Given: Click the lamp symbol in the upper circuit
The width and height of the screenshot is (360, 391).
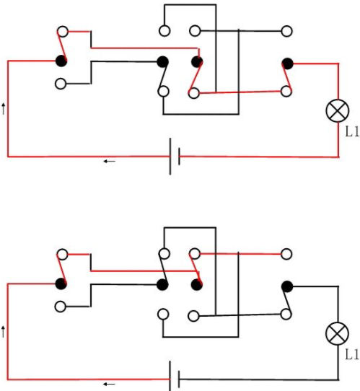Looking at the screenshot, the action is [338, 110].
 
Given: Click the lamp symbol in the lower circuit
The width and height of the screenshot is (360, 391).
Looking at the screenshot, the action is [337, 333].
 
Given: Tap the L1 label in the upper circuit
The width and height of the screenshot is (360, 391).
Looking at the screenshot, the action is [352, 131].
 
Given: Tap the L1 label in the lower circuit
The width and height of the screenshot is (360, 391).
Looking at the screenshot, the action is [352, 354].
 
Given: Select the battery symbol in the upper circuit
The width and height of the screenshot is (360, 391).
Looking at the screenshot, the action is [175, 157].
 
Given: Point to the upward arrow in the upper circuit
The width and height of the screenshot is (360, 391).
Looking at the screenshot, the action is [3, 109].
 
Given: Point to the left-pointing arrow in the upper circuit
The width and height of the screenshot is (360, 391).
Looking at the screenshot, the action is [110, 162].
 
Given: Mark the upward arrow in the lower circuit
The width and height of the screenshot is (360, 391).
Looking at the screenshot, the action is [3, 332].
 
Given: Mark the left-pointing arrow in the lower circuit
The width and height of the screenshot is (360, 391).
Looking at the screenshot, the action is [110, 384].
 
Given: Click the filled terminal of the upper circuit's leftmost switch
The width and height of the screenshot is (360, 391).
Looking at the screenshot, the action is [61, 61].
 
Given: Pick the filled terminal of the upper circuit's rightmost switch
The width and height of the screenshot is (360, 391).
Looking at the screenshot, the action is [287, 63].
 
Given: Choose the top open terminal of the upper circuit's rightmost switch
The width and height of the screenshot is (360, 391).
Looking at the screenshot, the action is [286, 31].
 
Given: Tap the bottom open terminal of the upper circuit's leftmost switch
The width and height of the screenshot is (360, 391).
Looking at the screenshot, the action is [61, 84].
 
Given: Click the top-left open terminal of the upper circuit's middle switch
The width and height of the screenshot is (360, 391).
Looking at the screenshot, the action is [164, 31].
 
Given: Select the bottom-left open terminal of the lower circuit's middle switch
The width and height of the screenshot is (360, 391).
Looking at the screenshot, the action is [163, 315].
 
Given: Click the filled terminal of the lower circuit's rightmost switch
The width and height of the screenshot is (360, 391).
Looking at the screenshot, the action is [287, 286].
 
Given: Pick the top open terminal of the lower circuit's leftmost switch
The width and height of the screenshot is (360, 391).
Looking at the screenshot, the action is [62, 255].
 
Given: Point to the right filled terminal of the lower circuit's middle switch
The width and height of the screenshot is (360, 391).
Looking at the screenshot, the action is [197, 285].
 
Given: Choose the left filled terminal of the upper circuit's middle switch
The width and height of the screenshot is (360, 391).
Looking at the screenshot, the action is [163, 61].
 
